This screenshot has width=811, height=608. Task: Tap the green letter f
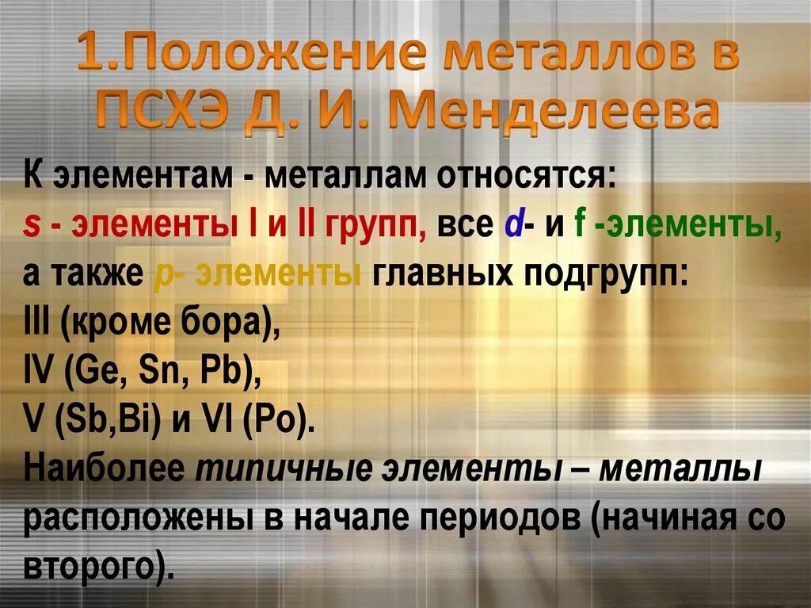click(578, 226)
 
